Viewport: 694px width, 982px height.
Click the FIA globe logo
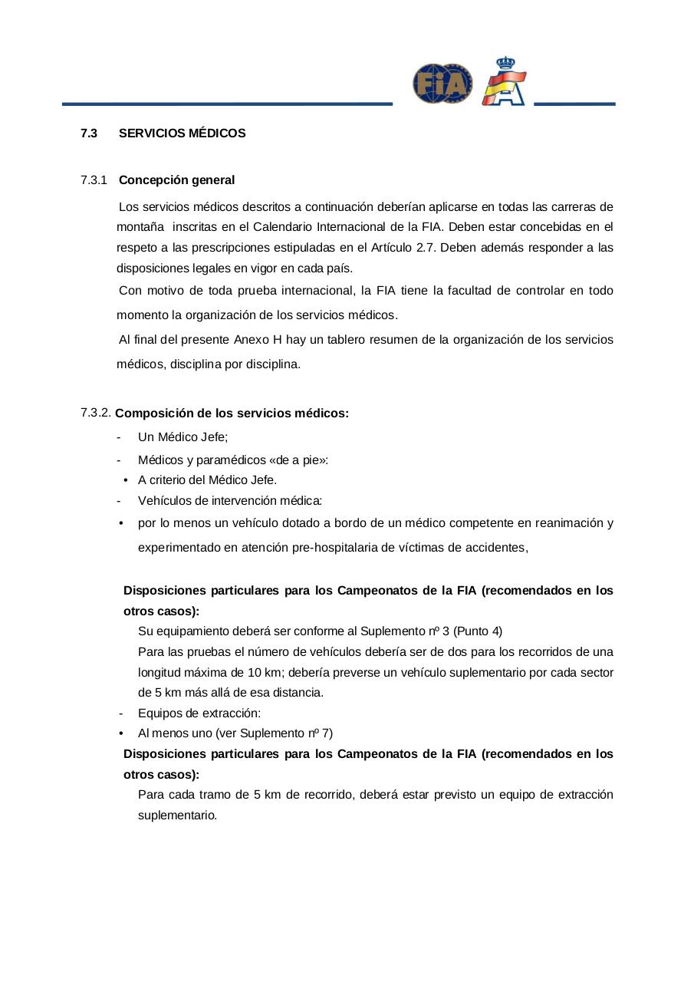point(442,84)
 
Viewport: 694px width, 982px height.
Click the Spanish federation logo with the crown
point(505,81)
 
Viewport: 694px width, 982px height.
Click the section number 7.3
point(89,133)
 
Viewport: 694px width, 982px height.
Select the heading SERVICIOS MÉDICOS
point(183,133)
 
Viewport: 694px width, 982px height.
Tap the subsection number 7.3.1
point(93,180)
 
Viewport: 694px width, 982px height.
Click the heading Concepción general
point(176,180)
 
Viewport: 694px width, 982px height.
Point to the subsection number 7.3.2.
point(95,413)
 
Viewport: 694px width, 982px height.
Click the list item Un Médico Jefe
point(183,437)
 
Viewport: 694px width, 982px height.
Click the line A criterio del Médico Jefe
point(207,480)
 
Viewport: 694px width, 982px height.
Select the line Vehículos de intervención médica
point(229,501)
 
